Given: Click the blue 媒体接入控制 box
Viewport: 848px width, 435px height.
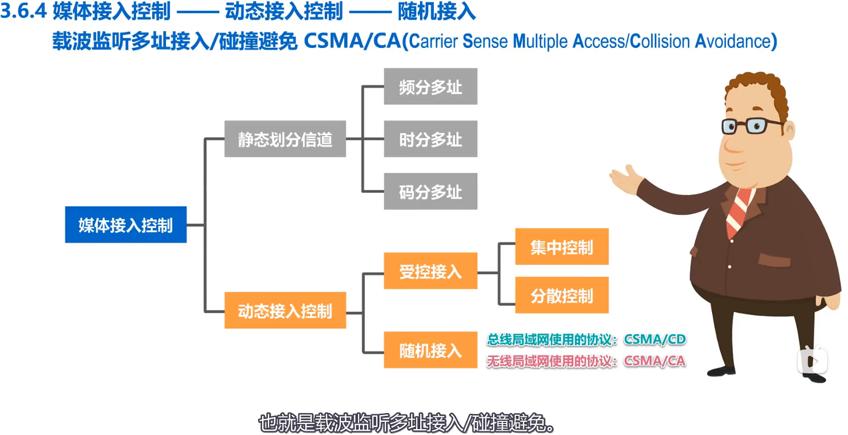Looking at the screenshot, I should (126, 225).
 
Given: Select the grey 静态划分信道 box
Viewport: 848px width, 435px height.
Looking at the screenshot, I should (285, 139).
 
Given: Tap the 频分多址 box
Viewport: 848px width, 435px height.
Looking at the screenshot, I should (430, 87).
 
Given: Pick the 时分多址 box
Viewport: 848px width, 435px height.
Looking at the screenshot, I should (430, 139).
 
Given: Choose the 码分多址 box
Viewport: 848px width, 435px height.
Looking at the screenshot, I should (430, 191).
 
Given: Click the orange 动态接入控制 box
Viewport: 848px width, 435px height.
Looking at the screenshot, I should (285, 310).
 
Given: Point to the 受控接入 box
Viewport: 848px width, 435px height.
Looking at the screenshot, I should (430, 271).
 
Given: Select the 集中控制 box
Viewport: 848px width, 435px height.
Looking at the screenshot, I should (562, 247).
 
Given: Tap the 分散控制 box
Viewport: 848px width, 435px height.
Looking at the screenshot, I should (562, 295).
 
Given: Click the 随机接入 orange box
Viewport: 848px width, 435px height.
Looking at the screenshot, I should (430, 350).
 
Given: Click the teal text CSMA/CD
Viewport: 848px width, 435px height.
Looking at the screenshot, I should (654, 340).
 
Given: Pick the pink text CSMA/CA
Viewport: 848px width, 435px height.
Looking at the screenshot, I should (654, 361).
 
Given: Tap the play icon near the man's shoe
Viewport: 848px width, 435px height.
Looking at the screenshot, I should (813, 360).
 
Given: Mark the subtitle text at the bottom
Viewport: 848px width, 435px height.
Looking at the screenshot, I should (407, 423).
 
